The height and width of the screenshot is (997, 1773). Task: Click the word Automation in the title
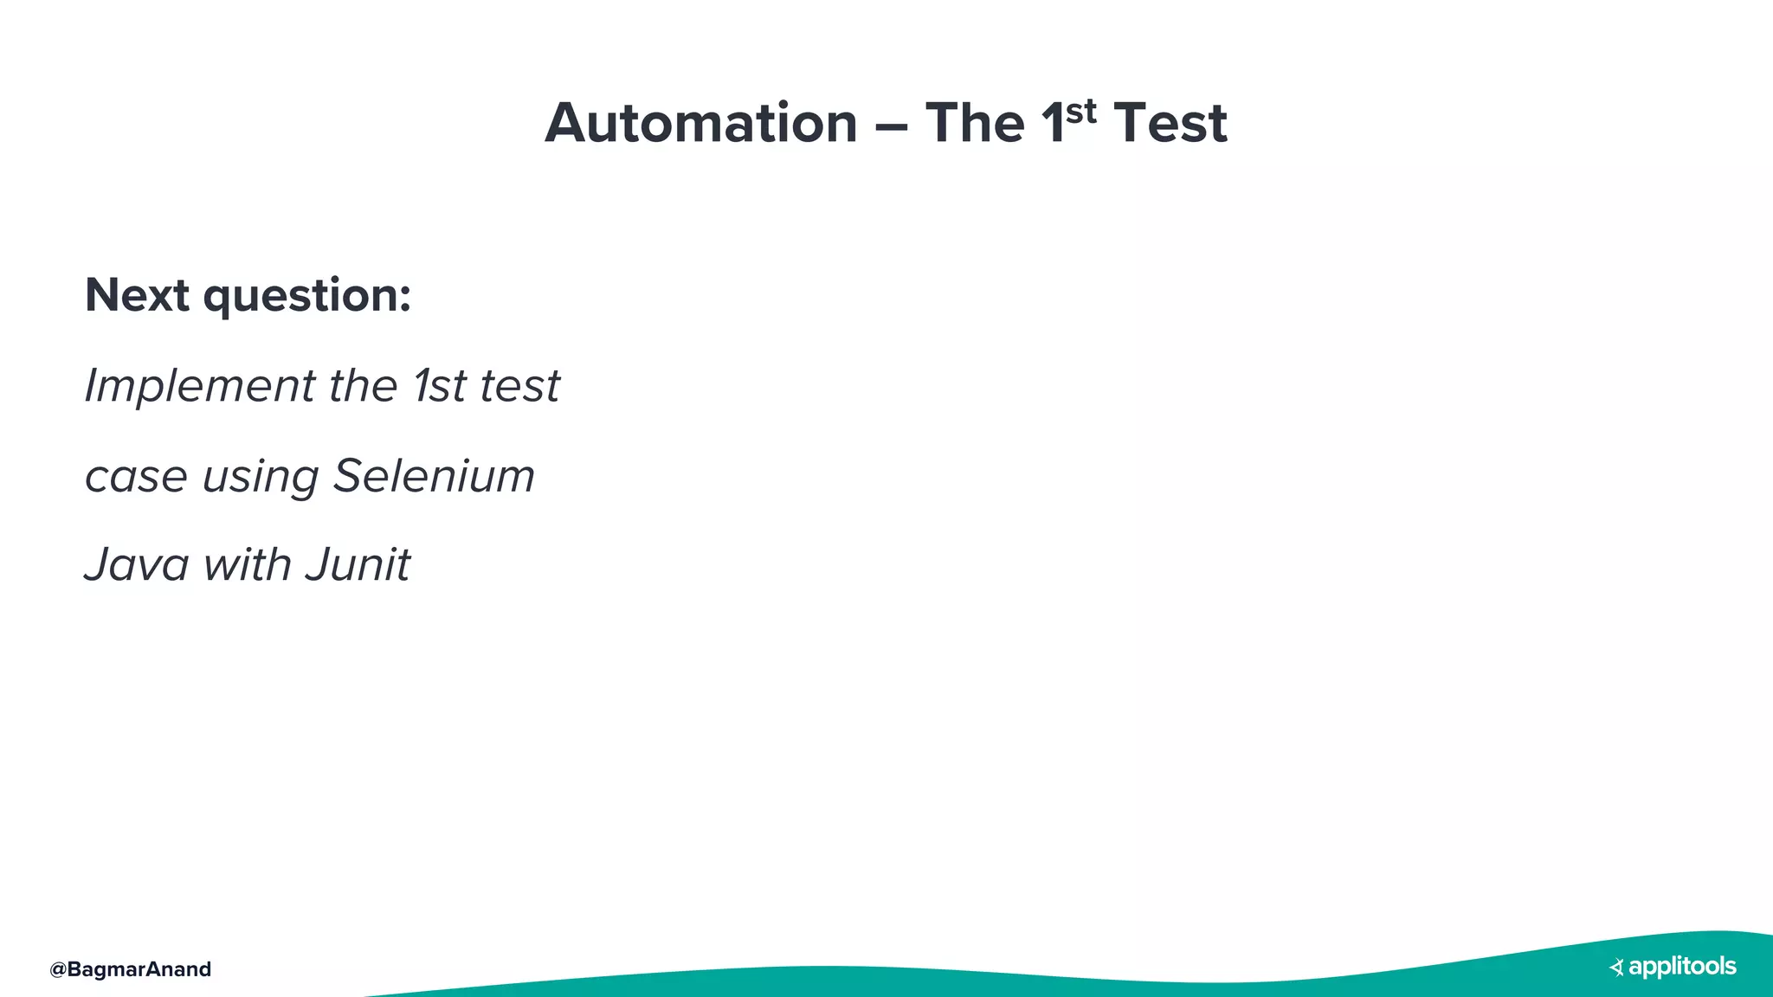(x=701, y=123)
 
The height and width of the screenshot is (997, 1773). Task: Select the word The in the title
(x=975, y=123)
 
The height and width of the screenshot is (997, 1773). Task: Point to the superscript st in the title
(x=1081, y=111)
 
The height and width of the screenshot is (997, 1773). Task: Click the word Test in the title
(x=1170, y=123)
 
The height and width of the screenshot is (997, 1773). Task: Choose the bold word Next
(x=137, y=295)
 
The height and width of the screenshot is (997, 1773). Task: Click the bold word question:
(x=307, y=297)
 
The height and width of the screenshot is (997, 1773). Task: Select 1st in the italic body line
(x=440, y=386)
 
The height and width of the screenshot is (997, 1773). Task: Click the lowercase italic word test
(x=519, y=386)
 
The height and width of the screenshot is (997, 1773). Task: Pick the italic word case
(x=136, y=477)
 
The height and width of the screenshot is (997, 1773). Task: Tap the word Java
(x=137, y=565)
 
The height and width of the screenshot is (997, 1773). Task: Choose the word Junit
(x=358, y=565)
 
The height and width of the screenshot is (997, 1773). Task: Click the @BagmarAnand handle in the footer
(x=131, y=969)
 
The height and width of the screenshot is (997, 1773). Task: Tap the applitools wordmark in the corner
(x=1682, y=967)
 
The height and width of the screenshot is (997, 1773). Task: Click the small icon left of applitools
(x=1616, y=968)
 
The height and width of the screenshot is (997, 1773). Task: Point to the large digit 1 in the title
(x=1052, y=123)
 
